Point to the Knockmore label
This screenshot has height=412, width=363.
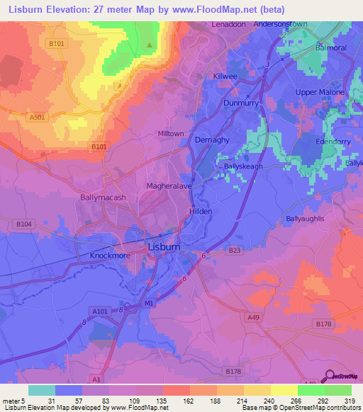click(x=109, y=256)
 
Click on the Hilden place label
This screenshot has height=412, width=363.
click(x=201, y=211)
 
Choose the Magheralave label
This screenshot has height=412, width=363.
click(x=168, y=185)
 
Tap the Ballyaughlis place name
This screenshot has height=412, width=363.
click(x=305, y=219)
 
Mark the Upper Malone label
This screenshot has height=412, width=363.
click(x=320, y=92)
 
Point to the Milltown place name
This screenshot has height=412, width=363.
click(x=170, y=133)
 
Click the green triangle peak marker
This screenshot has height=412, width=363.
click(x=149, y=46)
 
